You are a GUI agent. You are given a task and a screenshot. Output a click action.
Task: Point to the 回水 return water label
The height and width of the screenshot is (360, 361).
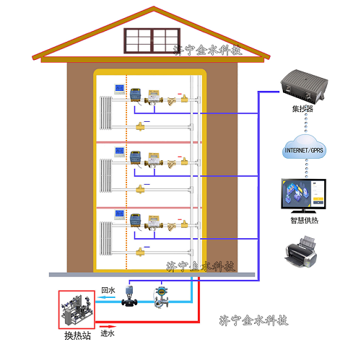tap(108, 291)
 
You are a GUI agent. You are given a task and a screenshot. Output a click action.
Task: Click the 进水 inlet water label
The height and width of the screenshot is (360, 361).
tap(107, 333)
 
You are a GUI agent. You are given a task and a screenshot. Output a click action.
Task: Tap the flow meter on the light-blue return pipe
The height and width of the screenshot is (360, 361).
tap(161, 297)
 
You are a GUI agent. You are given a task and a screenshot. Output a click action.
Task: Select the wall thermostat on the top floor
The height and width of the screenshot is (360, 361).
tap(119, 90)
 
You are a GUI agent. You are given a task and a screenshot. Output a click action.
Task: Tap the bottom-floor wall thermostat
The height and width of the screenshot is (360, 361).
tap(119, 214)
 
